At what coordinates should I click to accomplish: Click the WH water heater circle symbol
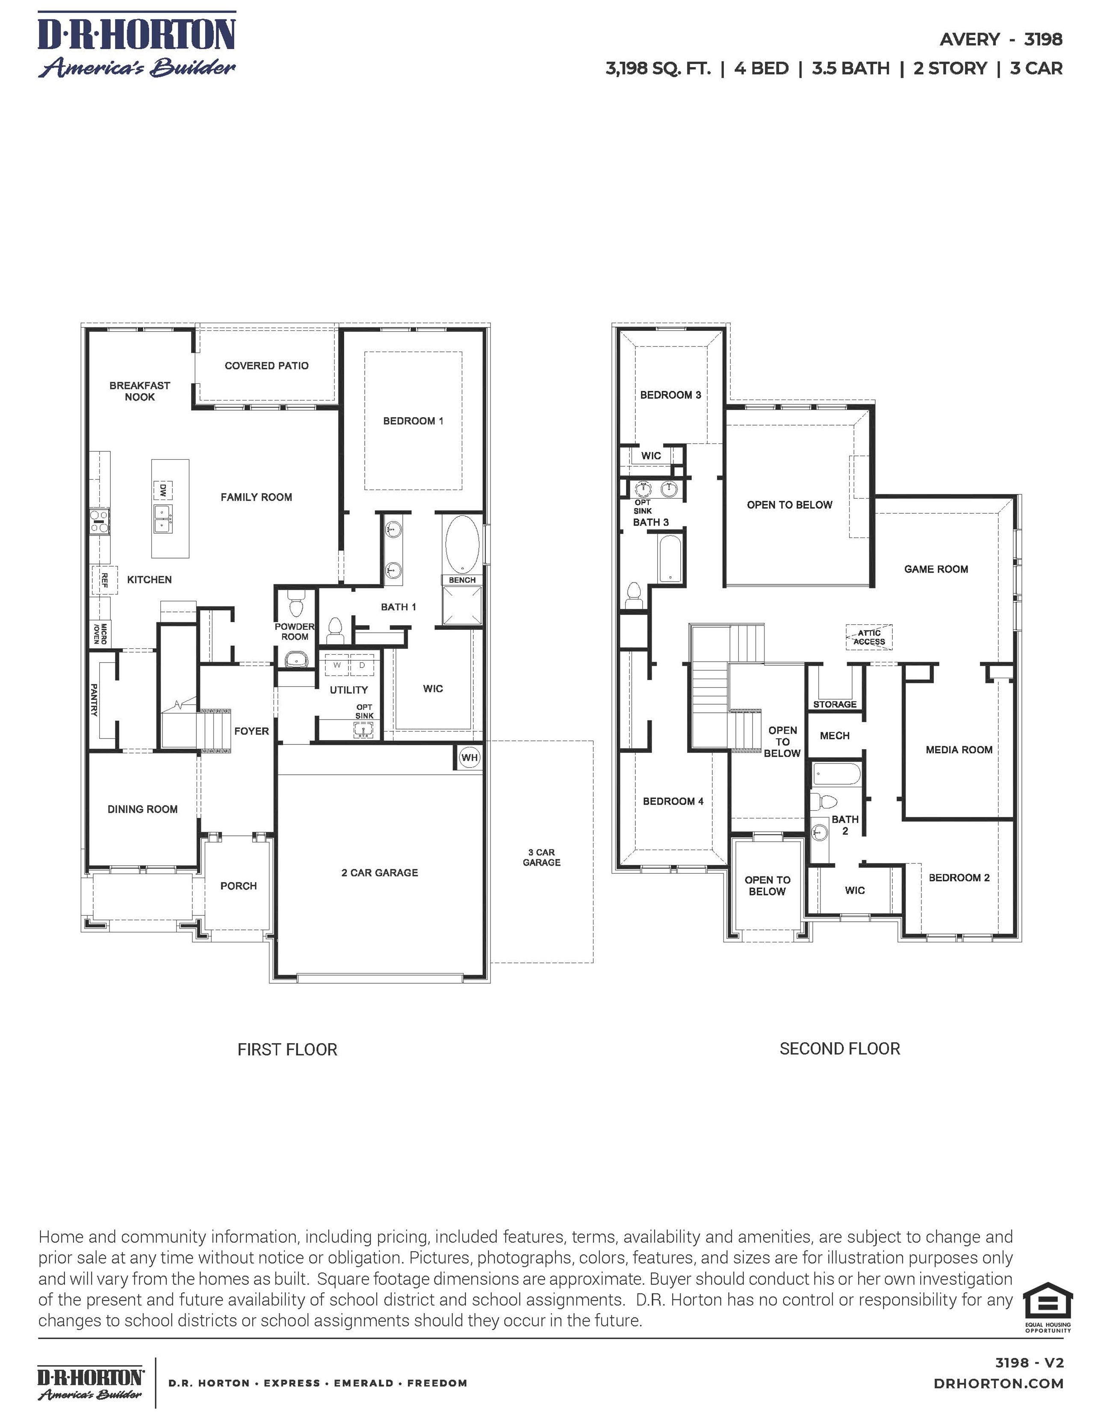coord(469,758)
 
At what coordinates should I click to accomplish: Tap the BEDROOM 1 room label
coord(413,420)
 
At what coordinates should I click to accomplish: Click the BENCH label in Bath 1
coord(462,580)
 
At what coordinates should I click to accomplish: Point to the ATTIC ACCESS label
coord(869,637)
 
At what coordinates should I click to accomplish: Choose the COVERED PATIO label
coord(267,365)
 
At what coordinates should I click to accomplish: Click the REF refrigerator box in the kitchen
coord(104,580)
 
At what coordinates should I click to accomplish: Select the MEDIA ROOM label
coord(959,750)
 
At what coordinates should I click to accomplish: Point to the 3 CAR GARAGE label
coord(541,857)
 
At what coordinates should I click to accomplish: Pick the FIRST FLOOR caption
coord(287,1050)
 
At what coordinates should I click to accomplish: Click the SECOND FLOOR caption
coord(839,1048)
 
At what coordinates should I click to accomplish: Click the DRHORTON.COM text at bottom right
coord(998,1384)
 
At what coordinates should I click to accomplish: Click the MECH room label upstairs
coord(835,735)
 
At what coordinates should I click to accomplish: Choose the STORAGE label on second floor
coord(835,704)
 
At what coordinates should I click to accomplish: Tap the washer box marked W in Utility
coord(337,665)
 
